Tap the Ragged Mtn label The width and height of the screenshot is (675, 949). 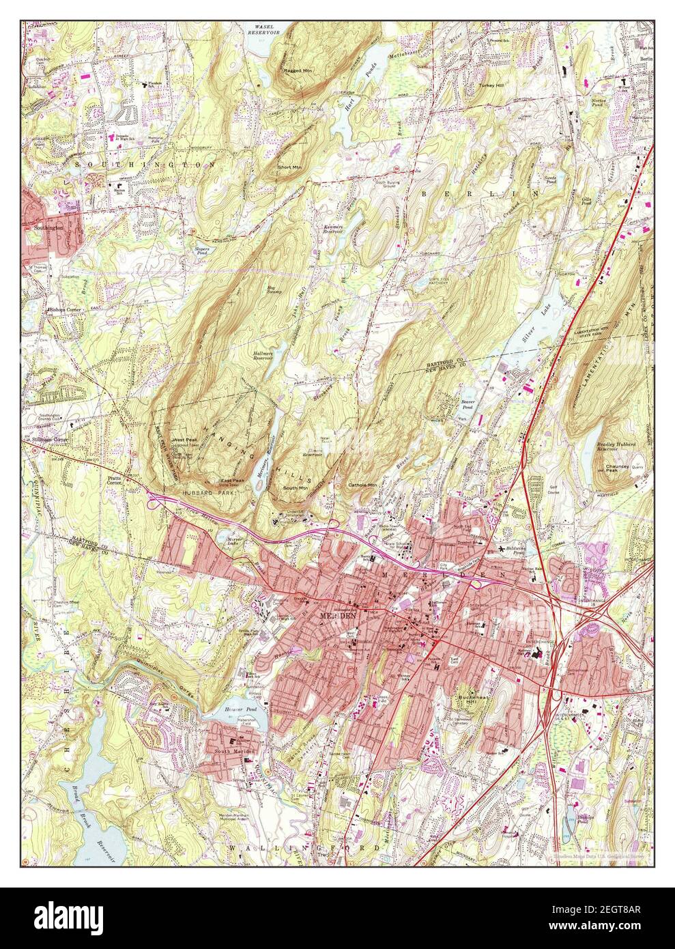[x=298, y=70]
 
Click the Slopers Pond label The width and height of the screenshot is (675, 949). [x=201, y=251]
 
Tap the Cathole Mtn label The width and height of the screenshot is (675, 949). [x=362, y=485]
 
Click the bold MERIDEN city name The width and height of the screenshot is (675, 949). [x=339, y=616]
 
